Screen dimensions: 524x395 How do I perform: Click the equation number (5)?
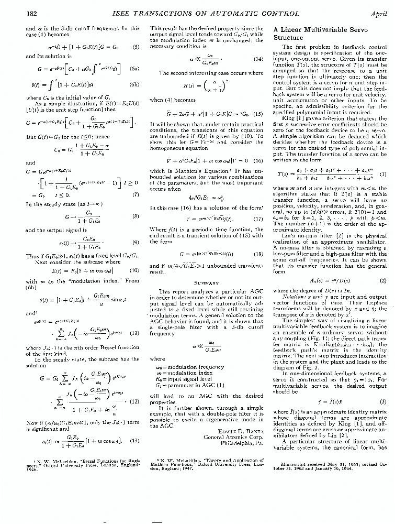point(136,47)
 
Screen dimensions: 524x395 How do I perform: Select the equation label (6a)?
point(134,69)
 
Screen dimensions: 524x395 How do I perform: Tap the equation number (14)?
point(257,60)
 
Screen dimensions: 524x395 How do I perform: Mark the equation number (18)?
point(258,253)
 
